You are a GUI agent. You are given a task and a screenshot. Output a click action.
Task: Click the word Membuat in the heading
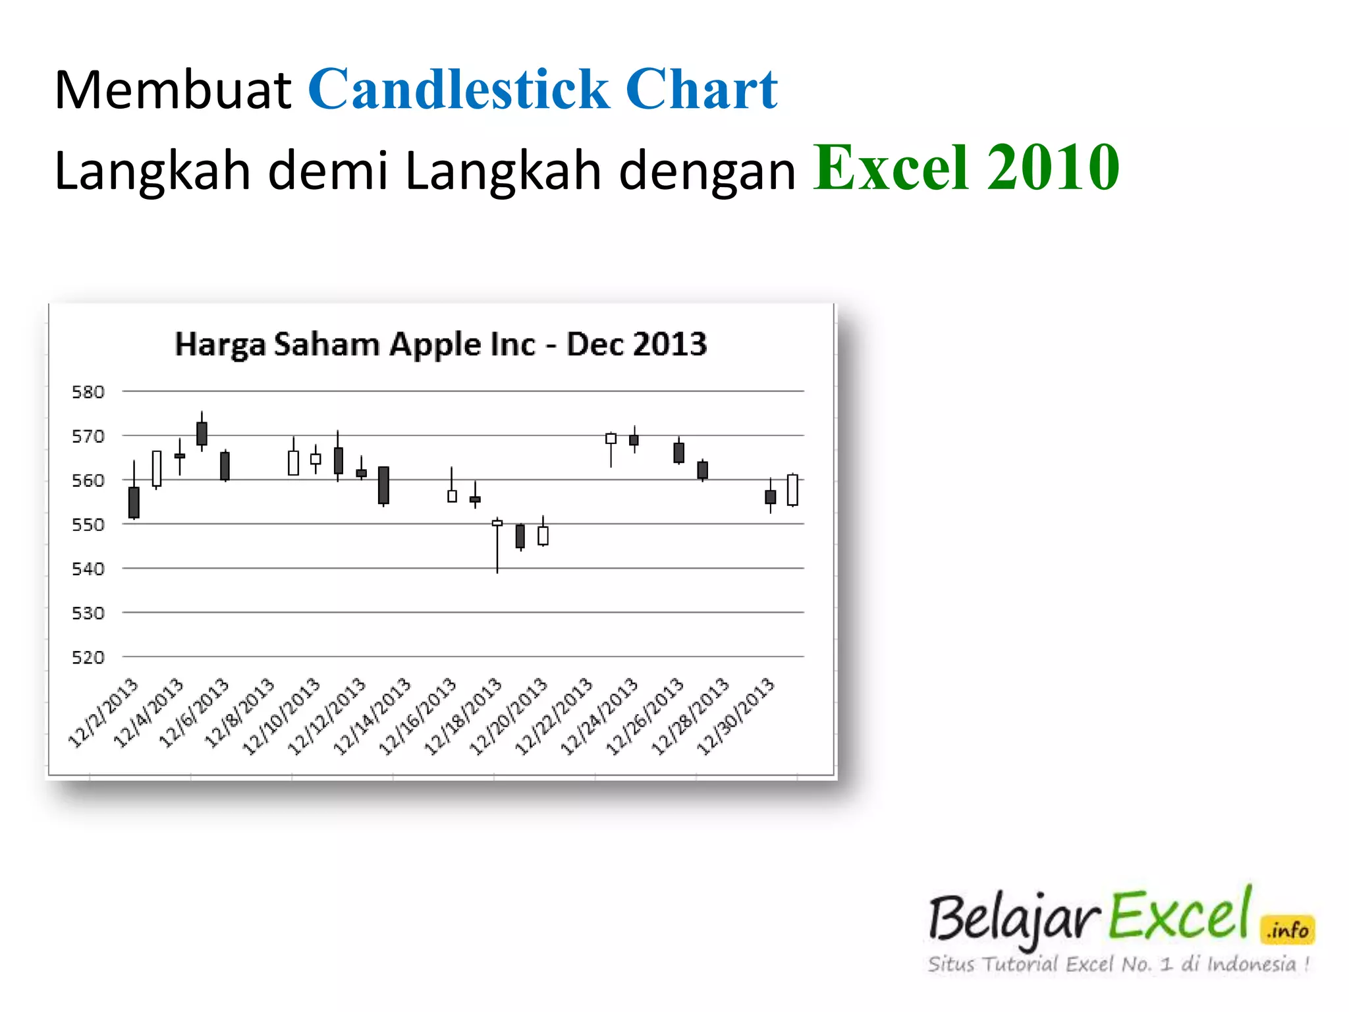(173, 90)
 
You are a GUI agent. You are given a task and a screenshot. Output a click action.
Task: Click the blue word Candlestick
(459, 90)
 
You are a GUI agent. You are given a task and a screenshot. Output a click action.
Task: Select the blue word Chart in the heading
(702, 90)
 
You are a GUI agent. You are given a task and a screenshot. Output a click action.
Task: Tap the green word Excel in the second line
(891, 169)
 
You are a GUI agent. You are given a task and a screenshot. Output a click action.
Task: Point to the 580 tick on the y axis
(88, 392)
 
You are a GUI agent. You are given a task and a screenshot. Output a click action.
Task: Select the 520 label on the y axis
(88, 658)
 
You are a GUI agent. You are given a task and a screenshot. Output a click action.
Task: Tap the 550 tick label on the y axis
(88, 525)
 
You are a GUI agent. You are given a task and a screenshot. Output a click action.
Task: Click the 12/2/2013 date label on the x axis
(103, 713)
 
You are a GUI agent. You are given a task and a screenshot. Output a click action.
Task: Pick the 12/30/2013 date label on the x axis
(736, 717)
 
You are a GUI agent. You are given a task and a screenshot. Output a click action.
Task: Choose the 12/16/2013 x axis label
(418, 717)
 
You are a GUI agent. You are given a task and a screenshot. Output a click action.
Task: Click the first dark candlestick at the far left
(134, 502)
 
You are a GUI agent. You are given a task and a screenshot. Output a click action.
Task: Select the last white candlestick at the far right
(792, 490)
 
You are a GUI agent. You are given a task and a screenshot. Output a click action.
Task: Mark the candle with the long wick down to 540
(497, 523)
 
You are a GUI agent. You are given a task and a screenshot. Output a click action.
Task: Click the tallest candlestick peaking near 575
(202, 434)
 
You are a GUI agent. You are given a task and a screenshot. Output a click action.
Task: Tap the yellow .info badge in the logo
(1288, 930)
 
